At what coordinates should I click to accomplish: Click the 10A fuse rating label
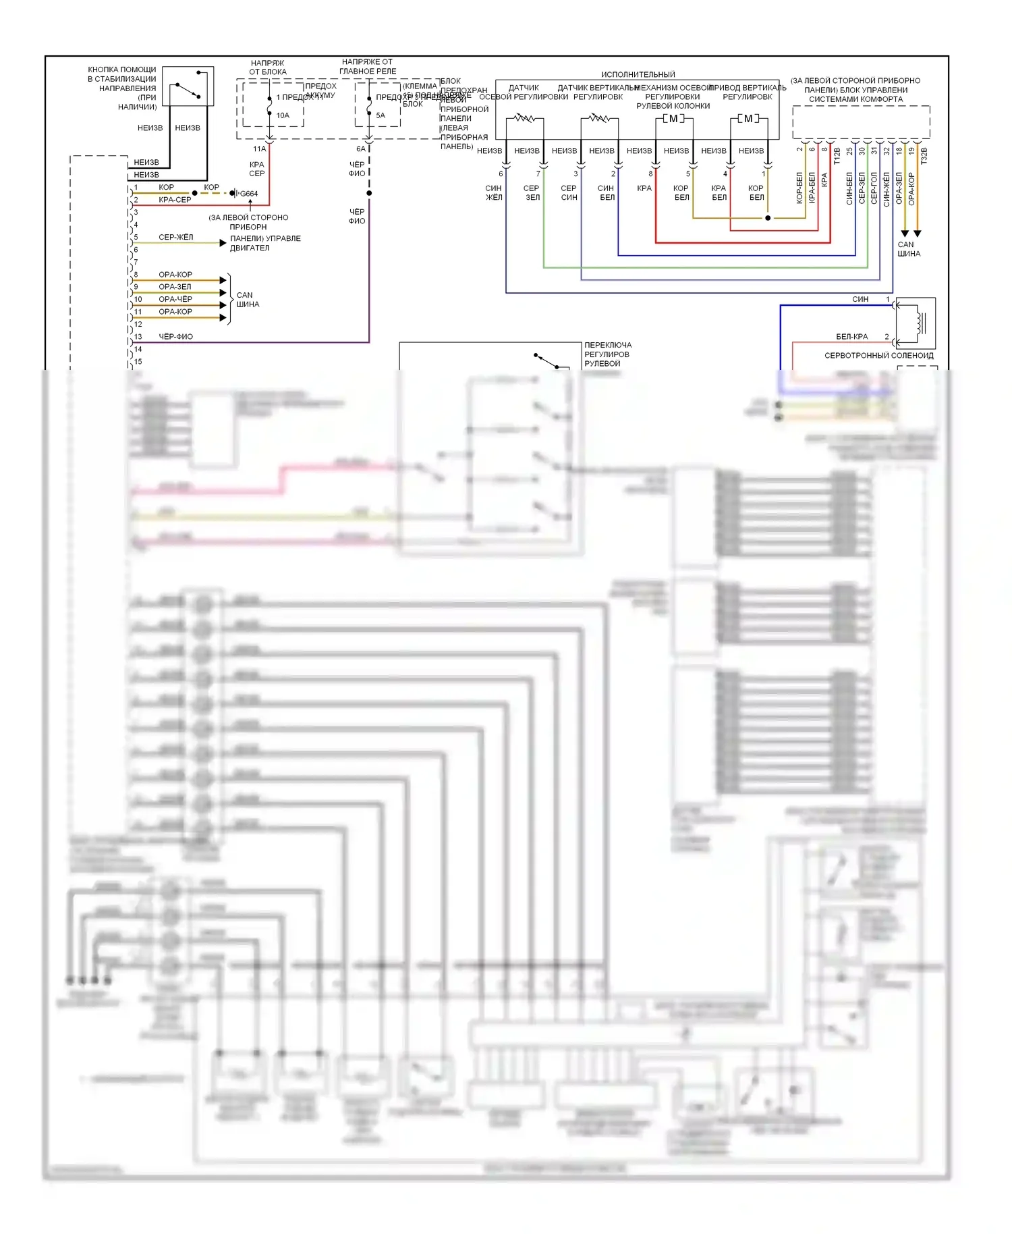[283, 115]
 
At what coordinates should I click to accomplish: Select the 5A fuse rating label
[381, 115]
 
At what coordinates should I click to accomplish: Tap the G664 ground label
[249, 194]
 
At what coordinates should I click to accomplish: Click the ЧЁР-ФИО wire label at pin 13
[175, 336]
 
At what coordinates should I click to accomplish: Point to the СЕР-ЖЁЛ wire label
[175, 237]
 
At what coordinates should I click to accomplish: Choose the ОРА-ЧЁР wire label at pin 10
[175, 299]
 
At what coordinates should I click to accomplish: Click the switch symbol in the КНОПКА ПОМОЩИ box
[188, 90]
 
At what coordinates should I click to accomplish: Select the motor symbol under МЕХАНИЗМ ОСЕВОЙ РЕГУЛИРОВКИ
[673, 119]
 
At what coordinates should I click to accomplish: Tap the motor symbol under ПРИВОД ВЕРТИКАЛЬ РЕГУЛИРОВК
[748, 119]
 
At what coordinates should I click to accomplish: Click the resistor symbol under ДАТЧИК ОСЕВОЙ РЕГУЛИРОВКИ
[524, 119]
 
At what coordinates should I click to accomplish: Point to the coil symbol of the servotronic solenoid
[918, 323]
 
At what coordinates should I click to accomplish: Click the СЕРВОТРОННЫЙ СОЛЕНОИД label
[879, 355]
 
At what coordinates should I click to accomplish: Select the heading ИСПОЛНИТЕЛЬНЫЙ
[638, 74]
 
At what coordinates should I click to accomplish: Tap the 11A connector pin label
[259, 149]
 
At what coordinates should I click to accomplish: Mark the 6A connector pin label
[361, 149]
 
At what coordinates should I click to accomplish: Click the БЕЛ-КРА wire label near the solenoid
[851, 336]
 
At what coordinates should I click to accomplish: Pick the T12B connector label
[837, 156]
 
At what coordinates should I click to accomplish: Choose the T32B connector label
[924, 156]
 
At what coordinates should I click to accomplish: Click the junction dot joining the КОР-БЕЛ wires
[768, 218]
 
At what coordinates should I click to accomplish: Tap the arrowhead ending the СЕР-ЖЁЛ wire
[223, 243]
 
